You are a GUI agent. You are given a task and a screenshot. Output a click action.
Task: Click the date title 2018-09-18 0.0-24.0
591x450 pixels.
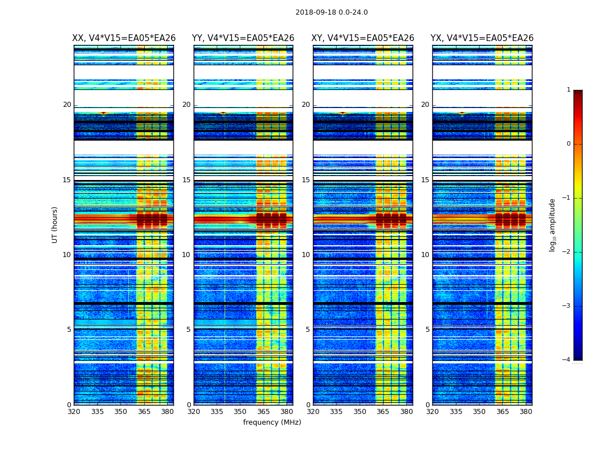332,12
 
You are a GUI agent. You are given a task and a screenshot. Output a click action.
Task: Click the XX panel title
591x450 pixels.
124,38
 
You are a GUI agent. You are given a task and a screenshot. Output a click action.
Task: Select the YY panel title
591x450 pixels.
243,38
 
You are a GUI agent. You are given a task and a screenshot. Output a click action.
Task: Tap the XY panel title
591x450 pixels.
362,38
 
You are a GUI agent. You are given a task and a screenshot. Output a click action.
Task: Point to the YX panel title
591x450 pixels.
482,38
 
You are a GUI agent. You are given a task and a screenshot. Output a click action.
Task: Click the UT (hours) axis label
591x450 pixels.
55,224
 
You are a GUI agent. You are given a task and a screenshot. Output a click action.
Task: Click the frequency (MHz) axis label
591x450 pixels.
272,422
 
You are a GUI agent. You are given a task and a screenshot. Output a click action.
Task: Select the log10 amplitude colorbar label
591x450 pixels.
553,224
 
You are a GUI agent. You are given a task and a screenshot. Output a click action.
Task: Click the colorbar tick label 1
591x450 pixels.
568,90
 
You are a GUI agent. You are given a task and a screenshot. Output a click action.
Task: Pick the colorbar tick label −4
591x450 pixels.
567,360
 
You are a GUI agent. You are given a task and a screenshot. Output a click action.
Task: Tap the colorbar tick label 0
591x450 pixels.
568,144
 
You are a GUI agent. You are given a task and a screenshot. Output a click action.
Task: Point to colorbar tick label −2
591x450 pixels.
567,252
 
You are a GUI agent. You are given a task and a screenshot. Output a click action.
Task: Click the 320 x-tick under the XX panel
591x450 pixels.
74,412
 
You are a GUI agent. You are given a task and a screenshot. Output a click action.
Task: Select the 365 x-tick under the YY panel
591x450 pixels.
263,412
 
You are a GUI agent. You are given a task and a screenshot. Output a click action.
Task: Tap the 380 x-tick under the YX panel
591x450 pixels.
526,412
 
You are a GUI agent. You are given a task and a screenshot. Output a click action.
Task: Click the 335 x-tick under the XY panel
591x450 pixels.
337,412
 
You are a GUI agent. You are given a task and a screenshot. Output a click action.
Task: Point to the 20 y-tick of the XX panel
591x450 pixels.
67,105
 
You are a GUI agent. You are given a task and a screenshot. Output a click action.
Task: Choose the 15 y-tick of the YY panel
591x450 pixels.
186,180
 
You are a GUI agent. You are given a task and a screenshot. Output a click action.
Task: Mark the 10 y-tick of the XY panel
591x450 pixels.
306,255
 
